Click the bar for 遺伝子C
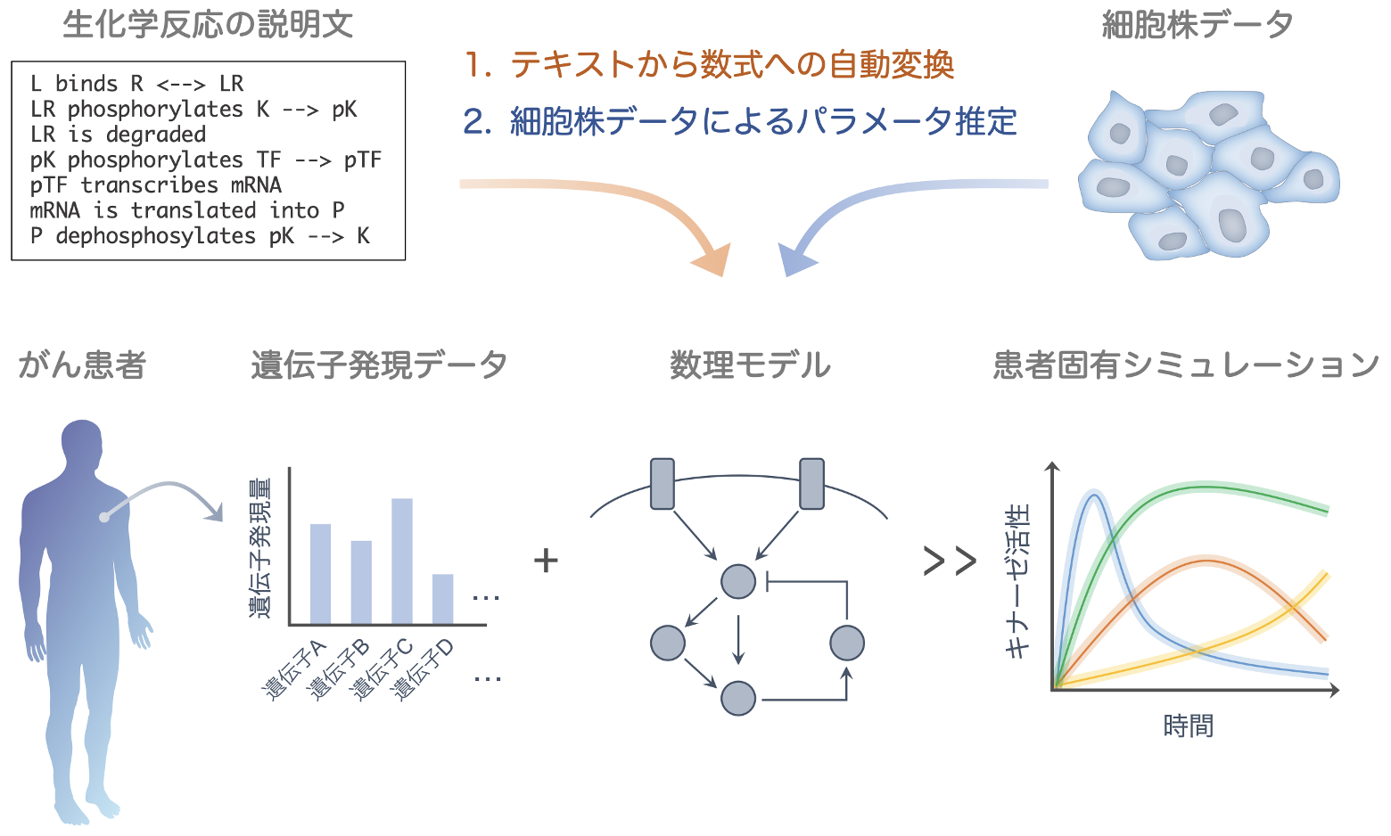[402, 561]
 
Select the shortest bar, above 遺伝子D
[443, 599]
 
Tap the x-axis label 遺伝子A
[293, 670]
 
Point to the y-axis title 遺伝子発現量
[260, 548]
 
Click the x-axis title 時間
[1189, 725]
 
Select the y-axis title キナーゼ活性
[1017, 581]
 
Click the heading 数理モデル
[750, 365]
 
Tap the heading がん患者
[82, 365]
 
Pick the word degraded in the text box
[155, 135]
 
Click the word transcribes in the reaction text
[149, 185]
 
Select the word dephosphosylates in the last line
[155, 236]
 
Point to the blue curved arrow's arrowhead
[797, 259]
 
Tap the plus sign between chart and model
[546, 561]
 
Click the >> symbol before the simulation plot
[950, 561]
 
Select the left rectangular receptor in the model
[662, 484]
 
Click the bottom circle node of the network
[738, 698]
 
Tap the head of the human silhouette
[81, 443]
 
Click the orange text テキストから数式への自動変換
[731, 64]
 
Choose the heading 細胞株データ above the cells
[1198, 25]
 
